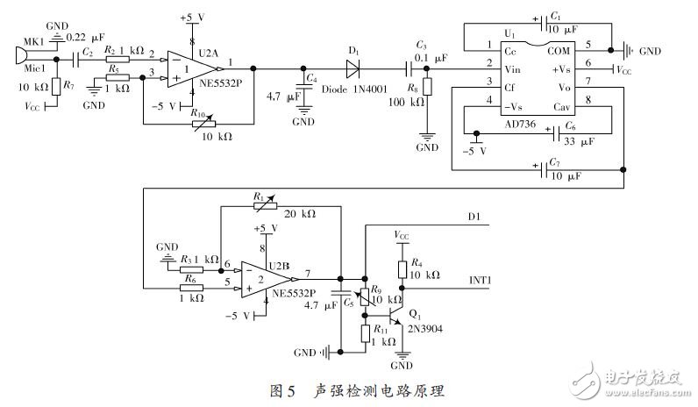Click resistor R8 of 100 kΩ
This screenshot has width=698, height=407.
(x=427, y=88)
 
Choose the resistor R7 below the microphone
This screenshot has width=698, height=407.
(x=55, y=86)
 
